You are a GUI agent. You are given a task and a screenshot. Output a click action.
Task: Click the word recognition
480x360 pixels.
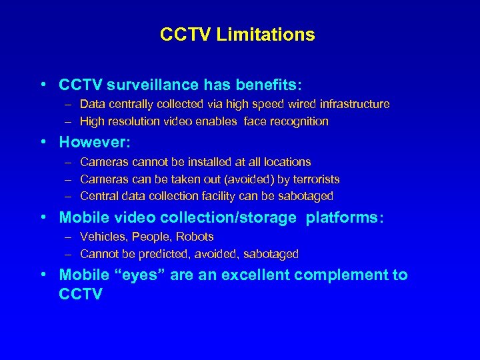(299, 121)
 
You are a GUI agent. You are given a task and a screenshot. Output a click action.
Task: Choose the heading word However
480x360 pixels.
(91, 142)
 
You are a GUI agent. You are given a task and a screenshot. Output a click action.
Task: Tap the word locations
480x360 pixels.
(287, 162)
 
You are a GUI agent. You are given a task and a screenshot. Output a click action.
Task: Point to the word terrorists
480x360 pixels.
(314, 179)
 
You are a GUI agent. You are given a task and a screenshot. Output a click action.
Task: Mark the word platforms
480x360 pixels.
(344, 217)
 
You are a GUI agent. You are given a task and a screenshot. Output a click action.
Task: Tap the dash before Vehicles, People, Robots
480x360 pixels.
(69, 237)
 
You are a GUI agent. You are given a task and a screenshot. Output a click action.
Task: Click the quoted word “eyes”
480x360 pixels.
(141, 275)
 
